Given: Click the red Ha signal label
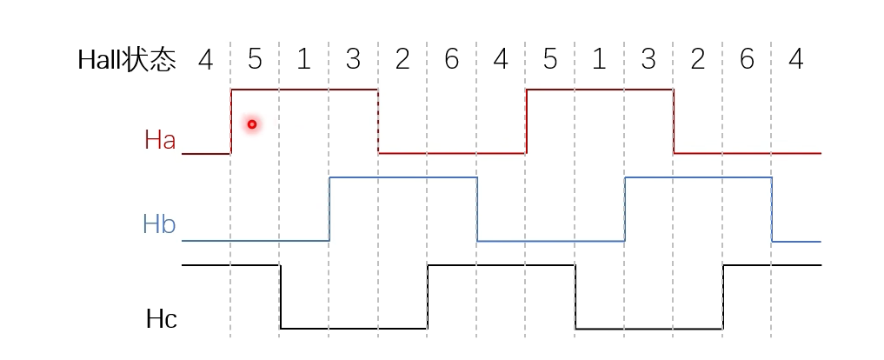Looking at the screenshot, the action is click(160, 140).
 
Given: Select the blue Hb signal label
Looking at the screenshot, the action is click(159, 225).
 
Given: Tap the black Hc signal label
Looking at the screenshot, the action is click(162, 319).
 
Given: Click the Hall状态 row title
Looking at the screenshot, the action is click(127, 60).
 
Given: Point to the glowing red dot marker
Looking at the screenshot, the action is click(252, 124).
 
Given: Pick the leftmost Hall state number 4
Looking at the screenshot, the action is click(205, 60).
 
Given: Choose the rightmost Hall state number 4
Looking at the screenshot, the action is click(796, 60).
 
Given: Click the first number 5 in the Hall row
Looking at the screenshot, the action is click(255, 60).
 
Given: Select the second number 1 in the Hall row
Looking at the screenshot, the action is click(599, 60).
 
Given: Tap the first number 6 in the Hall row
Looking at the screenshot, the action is click(451, 60).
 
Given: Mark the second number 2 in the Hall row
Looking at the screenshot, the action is click(697, 60).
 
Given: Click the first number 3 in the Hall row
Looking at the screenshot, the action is click(353, 60).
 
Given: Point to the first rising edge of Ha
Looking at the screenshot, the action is click(231, 121).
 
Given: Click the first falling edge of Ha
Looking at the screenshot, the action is click(378, 121).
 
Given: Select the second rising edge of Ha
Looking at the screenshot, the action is click(526, 121).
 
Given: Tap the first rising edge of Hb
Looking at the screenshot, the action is click(329, 209).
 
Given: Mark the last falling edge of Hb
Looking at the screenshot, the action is click(773, 209).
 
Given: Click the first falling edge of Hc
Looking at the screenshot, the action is click(280, 297).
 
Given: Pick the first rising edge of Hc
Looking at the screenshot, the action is click(428, 297).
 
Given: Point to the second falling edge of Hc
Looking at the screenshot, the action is click(575, 297).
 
